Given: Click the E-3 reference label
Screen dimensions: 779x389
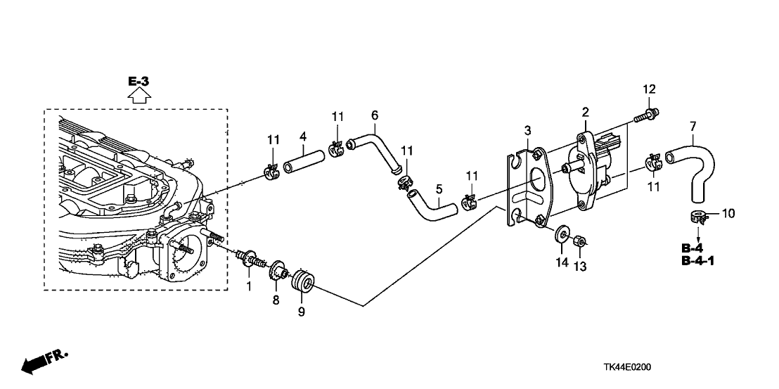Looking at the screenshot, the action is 139,81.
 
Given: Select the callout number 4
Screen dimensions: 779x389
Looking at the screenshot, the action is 302,135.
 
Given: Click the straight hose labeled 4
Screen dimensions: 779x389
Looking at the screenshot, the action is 304,163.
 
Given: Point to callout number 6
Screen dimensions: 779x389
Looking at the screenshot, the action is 374,115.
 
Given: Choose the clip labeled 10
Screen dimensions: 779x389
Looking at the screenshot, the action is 697,217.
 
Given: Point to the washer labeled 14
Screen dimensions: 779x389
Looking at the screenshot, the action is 561,234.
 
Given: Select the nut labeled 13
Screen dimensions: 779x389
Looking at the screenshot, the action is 579,241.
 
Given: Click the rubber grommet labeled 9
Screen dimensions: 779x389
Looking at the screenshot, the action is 302,282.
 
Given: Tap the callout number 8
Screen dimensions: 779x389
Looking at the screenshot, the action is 275,300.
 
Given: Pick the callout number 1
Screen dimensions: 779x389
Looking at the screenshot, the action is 249,286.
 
